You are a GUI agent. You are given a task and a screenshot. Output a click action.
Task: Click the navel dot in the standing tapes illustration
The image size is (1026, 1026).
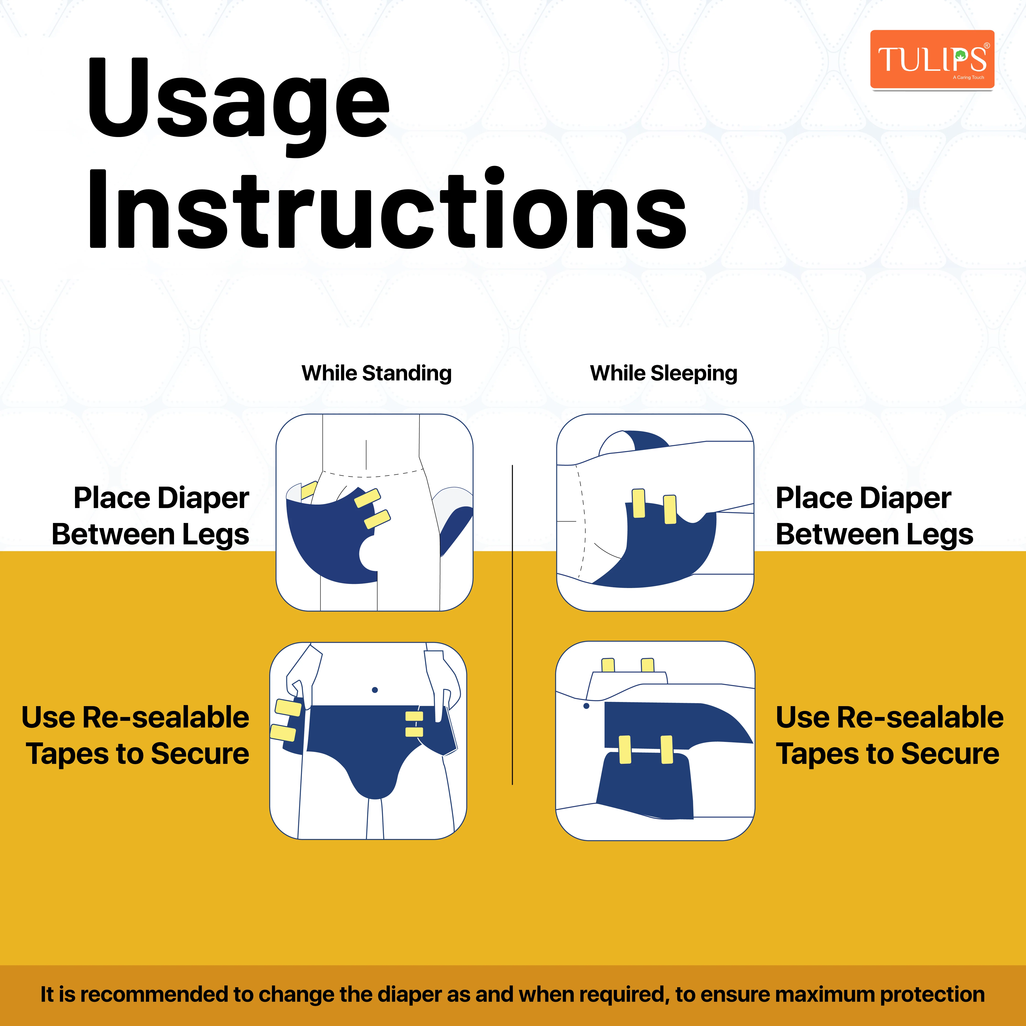375,690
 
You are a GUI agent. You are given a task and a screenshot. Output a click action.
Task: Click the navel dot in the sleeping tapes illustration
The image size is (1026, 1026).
586,706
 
